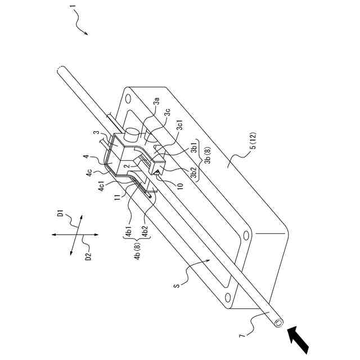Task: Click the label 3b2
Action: pos(193,175)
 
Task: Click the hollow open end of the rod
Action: pos(277,323)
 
